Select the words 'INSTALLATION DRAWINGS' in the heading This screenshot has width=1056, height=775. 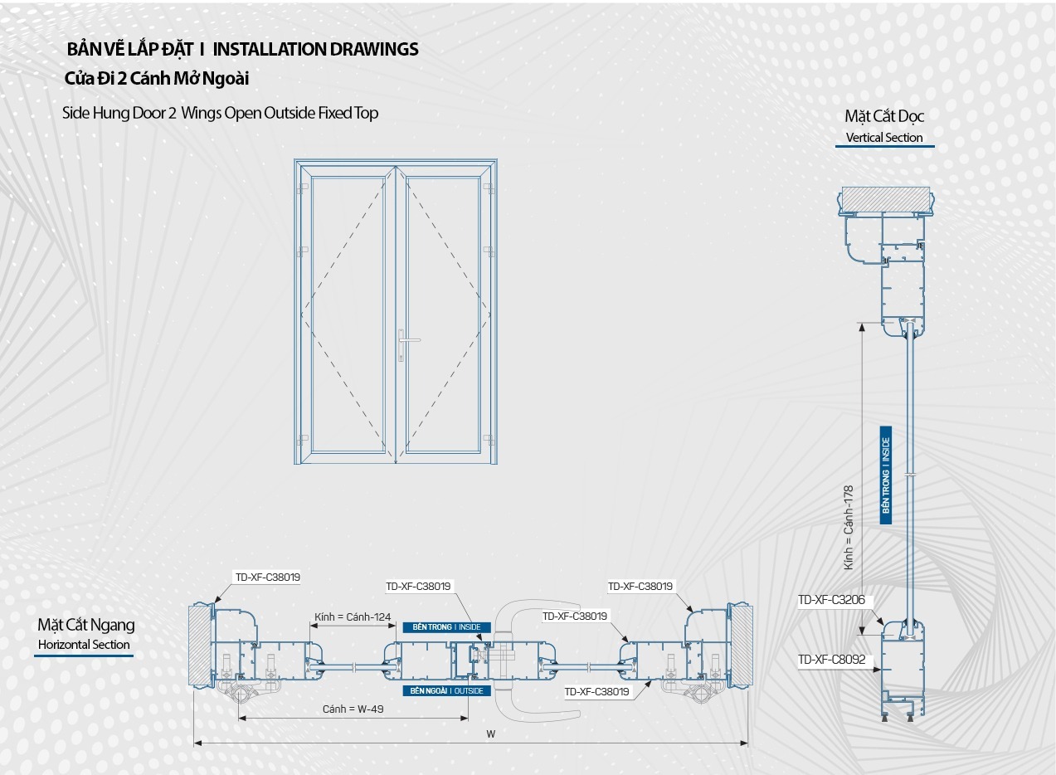[x=315, y=49]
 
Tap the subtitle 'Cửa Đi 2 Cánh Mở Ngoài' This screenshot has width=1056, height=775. [x=157, y=79]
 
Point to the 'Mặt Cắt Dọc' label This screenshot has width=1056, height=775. [x=884, y=116]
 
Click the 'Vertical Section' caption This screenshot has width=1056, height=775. [x=884, y=138]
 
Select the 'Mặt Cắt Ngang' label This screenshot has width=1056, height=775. [x=85, y=626]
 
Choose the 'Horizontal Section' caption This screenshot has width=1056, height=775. [x=84, y=645]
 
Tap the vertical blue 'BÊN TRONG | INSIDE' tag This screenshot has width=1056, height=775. [x=886, y=475]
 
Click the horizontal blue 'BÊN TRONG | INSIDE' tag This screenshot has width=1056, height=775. [x=446, y=627]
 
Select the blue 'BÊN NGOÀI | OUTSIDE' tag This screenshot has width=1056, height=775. [x=446, y=690]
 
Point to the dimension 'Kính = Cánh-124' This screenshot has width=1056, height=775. [x=353, y=617]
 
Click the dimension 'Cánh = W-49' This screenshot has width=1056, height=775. [x=353, y=709]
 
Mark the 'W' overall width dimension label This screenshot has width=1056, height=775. [x=491, y=734]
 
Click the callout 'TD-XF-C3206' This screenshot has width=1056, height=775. [x=831, y=600]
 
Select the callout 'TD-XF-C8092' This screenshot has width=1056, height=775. [x=831, y=660]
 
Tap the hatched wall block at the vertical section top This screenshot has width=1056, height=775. [x=883, y=199]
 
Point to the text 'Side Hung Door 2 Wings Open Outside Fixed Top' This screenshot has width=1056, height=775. [x=220, y=113]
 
